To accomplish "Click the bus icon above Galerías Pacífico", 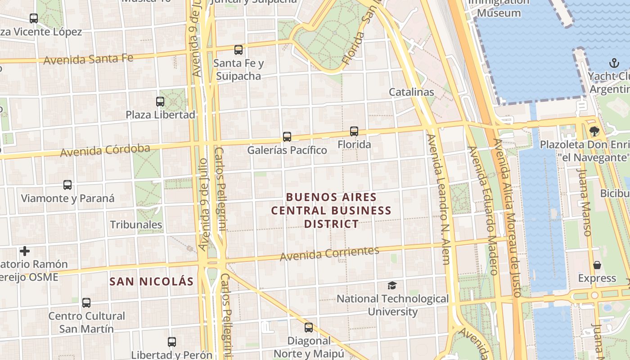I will [287, 136].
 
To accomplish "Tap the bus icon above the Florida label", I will [354, 131].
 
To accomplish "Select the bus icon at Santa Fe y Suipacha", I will [238, 50].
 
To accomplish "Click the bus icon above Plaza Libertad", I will [160, 101].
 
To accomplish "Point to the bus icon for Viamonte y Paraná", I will [67, 184].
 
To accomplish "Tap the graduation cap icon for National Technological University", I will [392, 285].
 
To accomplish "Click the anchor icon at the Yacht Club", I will [614, 63].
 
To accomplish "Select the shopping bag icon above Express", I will [597, 265].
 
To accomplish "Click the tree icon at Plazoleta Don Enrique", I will [594, 131].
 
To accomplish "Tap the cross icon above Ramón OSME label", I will [25, 251].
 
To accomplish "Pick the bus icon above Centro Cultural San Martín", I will [86, 302].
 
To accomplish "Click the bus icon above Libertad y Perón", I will [171, 342].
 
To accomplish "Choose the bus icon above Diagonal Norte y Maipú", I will [308, 327].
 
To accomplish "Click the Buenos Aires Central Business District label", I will [331, 210].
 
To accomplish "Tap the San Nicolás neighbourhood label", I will [152, 282].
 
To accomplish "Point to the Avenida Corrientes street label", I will [329, 254].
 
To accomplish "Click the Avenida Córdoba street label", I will [105, 150].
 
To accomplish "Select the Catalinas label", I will [411, 92].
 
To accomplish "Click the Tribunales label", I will [136, 225].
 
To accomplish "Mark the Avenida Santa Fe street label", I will [88, 59].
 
